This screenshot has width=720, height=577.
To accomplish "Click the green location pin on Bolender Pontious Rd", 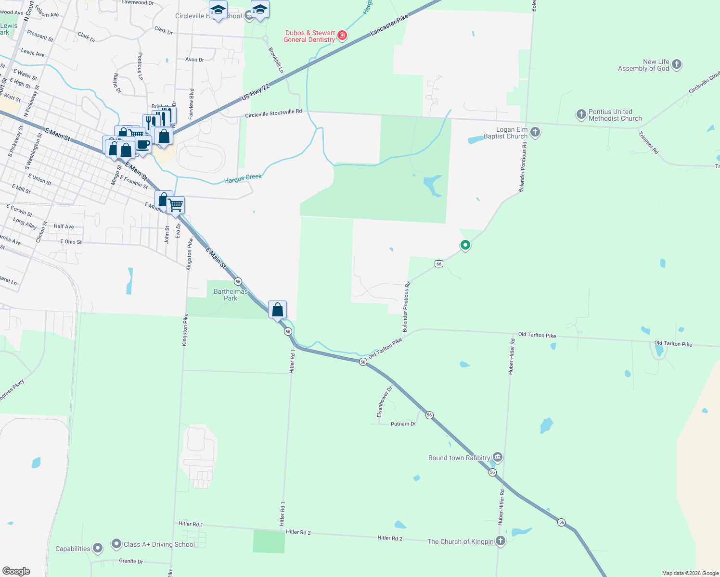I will pos(465,245).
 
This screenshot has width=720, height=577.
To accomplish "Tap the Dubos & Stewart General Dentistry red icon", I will pos(342,36).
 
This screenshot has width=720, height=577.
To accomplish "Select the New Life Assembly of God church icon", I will pos(677,64).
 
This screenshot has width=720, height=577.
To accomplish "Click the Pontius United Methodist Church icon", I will pos(581,114).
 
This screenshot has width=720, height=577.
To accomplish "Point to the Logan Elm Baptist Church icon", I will pos(535,132).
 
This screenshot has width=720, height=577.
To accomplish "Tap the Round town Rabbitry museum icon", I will pos(498,457).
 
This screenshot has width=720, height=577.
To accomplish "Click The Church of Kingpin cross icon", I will pos(501,541).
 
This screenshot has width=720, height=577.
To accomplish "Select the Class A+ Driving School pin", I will pos(116,544).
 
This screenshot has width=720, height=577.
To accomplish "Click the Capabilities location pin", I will pos(98,548).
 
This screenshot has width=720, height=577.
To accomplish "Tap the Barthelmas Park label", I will pos(231,295).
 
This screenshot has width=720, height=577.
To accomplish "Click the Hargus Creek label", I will pos(243,179).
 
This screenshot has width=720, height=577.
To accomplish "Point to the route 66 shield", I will pos(438,263).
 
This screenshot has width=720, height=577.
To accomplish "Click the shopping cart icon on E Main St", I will pos(176,205).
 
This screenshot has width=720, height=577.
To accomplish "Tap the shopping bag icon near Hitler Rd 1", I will pos(278,310).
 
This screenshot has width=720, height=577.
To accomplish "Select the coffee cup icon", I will pos(143,144).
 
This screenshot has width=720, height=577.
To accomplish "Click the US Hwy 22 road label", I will pos(255,91).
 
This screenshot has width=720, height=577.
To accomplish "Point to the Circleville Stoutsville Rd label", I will pos(273,113).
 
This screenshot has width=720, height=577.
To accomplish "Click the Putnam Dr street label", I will pos(403,424).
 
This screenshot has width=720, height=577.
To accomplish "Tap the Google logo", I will pos(16,571).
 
